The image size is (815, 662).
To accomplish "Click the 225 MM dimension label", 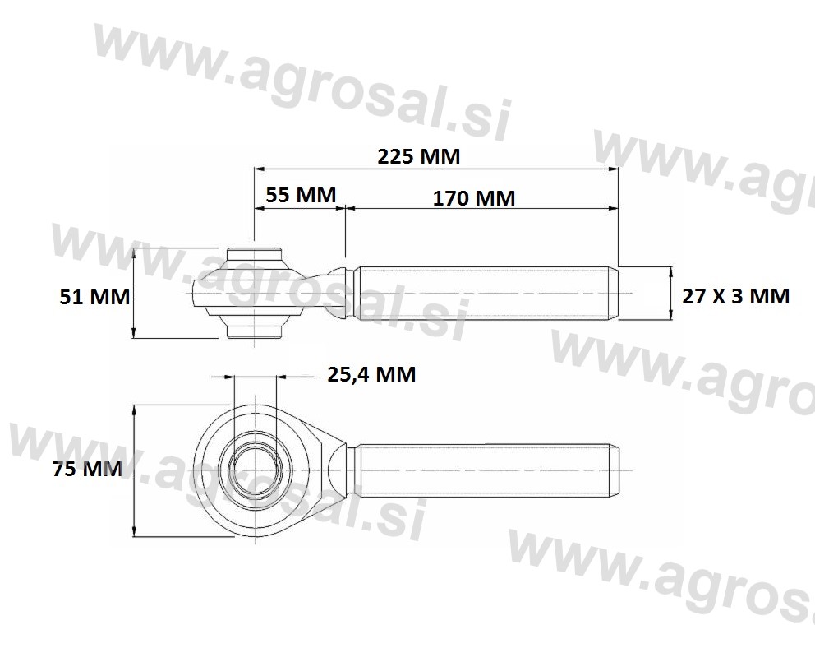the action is (419, 156).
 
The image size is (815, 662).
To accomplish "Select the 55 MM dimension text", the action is (301, 195).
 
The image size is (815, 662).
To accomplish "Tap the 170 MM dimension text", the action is (474, 198).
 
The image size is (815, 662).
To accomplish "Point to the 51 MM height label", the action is (94, 297).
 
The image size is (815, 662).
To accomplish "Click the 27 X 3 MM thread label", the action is (735, 296).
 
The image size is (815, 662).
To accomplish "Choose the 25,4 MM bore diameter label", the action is (371, 374).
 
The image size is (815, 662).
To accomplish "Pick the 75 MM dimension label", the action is (87, 469).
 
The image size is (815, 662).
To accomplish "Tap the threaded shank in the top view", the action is (486, 293).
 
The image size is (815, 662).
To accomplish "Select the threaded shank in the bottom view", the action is (486, 470).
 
